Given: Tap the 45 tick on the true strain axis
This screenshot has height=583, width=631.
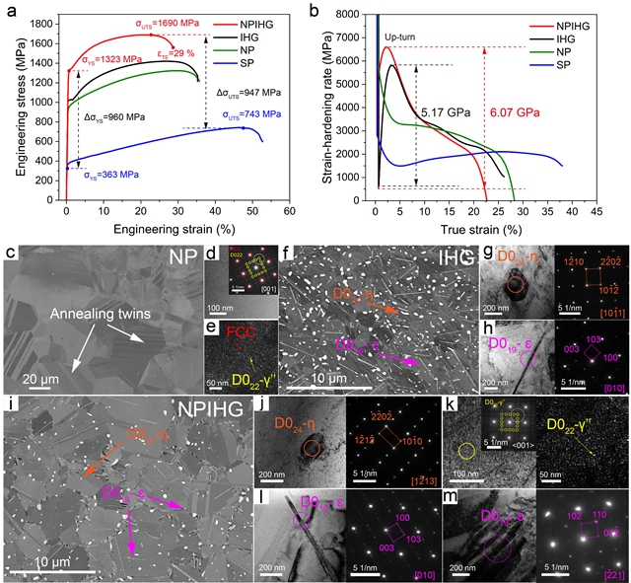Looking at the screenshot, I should (x=596, y=211).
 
